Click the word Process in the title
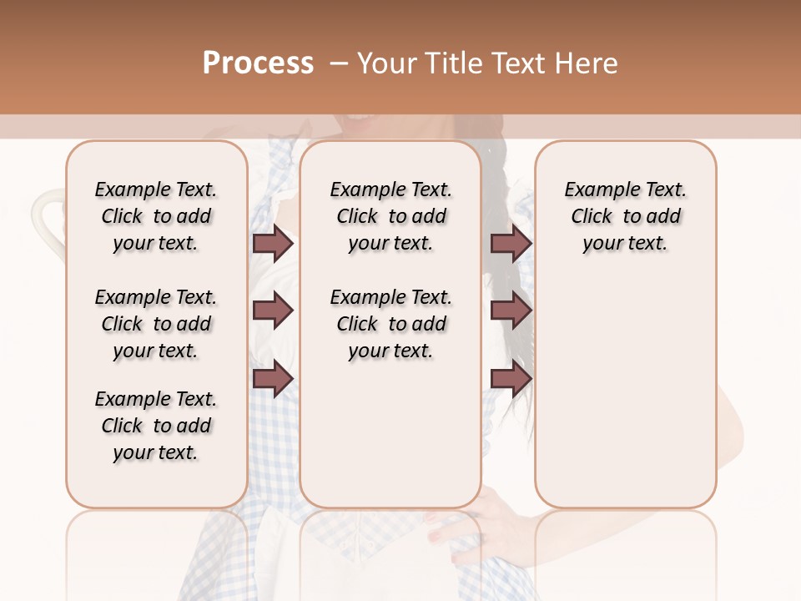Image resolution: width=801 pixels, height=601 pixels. click(x=258, y=63)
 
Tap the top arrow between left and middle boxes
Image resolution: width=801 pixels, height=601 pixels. click(x=273, y=243)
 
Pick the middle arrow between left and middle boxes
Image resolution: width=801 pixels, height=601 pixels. click(x=273, y=311)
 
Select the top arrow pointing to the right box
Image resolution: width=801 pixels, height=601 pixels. click(x=511, y=243)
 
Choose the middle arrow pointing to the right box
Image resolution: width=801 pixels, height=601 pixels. click(x=511, y=311)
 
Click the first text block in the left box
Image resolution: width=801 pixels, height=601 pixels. click(x=156, y=216)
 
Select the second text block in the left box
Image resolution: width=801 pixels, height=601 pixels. click(x=156, y=324)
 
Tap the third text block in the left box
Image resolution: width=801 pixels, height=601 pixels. click(x=156, y=426)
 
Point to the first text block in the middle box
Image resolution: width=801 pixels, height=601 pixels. click(x=390, y=216)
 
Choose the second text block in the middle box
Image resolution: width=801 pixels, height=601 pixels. click(x=390, y=324)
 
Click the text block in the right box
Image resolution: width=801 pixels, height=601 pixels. click(x=625, y=216)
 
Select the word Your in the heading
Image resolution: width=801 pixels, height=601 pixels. click(x=385, y=63)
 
